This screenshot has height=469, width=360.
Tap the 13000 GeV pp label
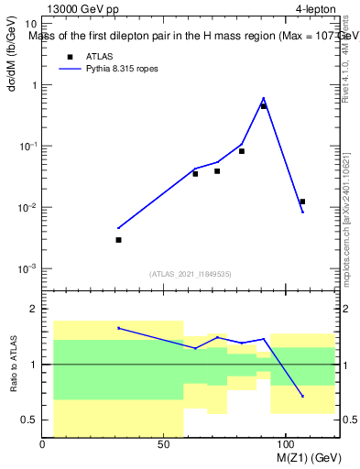click(x=83, y=10)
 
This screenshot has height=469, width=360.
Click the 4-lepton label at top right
click(x=315, y=10)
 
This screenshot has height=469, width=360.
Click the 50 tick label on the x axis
click(x=163, y=444)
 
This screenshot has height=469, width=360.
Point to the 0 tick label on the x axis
click(x=43, y=444)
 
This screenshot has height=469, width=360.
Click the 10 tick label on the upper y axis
click(x=30, y=24)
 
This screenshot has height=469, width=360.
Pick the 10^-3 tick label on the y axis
click(x=27, y=268)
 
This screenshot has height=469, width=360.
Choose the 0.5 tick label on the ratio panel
click(x=29, y=420)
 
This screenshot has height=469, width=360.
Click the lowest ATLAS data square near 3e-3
click(x=118, y=240)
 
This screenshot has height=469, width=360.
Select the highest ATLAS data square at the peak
click(x=264, y=106)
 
